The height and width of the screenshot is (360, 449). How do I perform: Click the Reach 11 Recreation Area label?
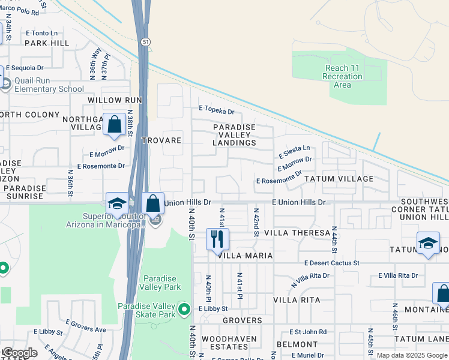tap(342, 77)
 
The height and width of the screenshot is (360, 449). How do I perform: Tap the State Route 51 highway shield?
tap(146, 41)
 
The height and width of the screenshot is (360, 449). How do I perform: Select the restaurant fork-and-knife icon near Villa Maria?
tap(217, 239)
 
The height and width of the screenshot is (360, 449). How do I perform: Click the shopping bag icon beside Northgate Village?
tap(114, 124)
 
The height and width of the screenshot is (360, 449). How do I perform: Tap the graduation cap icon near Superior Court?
tap(116, 203)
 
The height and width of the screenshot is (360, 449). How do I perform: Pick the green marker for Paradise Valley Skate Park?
tap(185, 309)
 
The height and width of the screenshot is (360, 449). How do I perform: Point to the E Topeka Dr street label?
tap(217, 110)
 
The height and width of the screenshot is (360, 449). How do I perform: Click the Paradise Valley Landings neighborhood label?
tap(235, 135)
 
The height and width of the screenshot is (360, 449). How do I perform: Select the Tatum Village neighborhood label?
tap(339, 179)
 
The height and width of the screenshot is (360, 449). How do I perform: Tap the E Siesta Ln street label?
tap(294, 148)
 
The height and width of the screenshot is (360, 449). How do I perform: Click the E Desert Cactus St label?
tap(331, 263)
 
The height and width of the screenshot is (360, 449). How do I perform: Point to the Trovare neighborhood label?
tap(161, 140)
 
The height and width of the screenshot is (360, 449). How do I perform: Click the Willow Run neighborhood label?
tap(115, 100)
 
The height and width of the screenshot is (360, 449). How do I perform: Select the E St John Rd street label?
tap(307, 332)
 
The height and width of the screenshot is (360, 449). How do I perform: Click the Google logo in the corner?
tap(19, 352)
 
